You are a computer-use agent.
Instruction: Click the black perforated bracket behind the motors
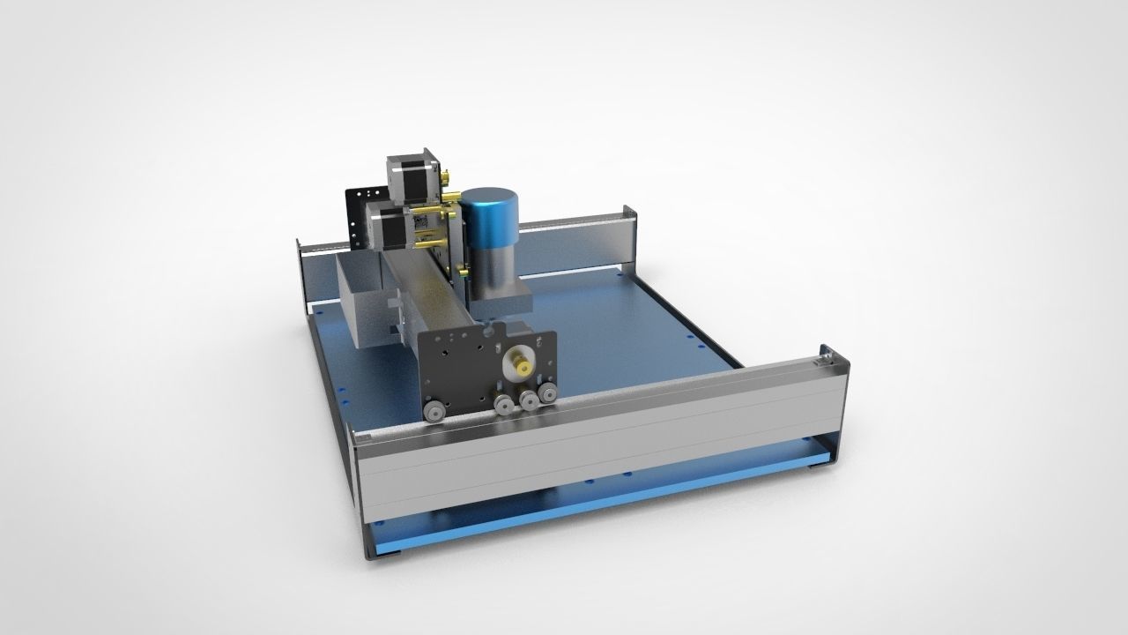point(361,212)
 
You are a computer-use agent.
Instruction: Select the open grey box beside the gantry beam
point(361,300)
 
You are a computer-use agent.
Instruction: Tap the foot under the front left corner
point(388,555)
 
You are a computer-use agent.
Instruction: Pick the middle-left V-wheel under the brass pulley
point(504,405)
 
